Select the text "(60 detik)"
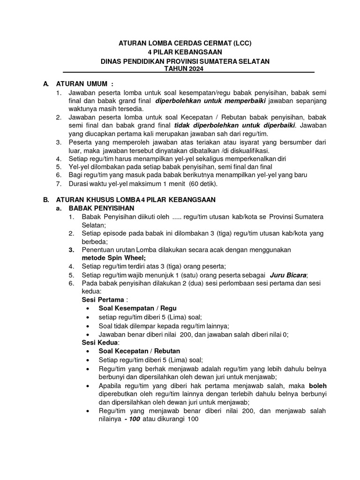coord(198,184)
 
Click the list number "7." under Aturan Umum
coord(59,184)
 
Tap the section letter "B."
coord(46,200)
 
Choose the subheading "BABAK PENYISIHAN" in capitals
coord(101,208)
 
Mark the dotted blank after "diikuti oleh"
coord(167,217)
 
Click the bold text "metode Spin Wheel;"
coord(114,258)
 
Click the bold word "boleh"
coord(317,385)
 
